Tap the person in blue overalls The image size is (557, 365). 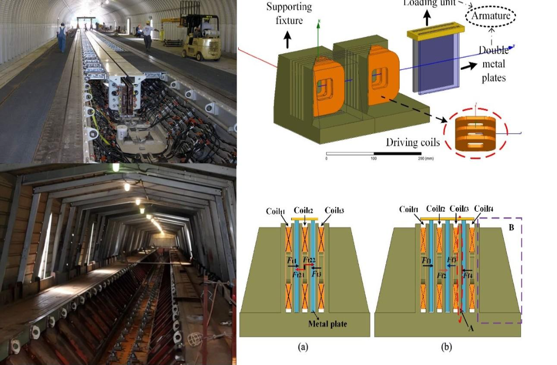61,37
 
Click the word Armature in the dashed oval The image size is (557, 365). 491,16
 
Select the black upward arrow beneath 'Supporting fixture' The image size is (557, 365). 288,38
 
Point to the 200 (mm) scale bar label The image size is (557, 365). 425,158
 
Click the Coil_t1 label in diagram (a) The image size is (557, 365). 276,211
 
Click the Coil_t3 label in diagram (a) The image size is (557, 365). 334,211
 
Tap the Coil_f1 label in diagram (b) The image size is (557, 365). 409,209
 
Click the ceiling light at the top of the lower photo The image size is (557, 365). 116,168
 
